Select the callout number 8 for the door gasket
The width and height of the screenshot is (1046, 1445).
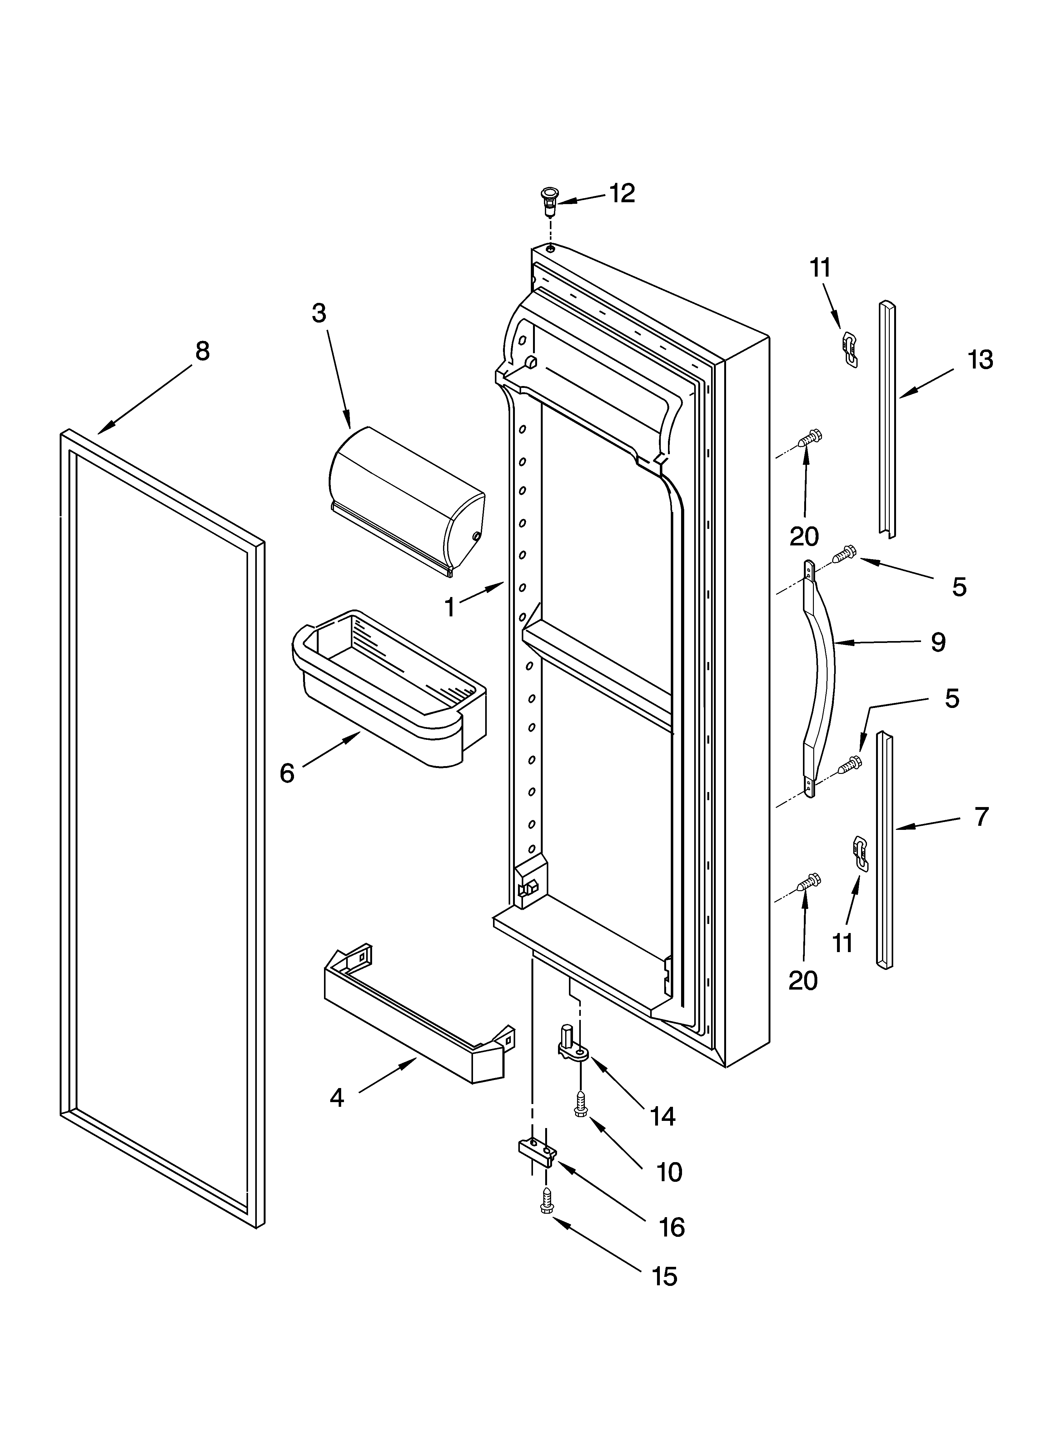pyautogui.click(x=202, y=351)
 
